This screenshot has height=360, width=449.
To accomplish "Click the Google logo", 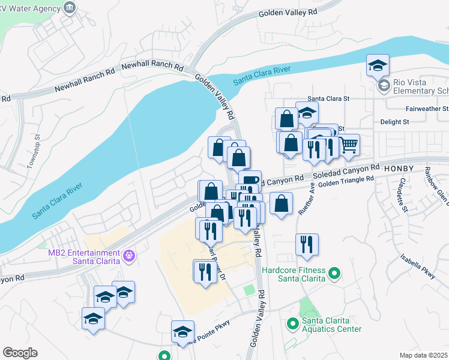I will [20, 353].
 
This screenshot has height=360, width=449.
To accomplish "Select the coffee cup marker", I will [250, 180].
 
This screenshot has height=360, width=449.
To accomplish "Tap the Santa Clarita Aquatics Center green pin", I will [293, 324].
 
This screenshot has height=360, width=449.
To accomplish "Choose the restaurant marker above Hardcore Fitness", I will [307, 244].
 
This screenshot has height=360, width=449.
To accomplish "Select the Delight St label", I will [394, 121].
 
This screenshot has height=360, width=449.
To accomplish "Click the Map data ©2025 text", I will [423, 355].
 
